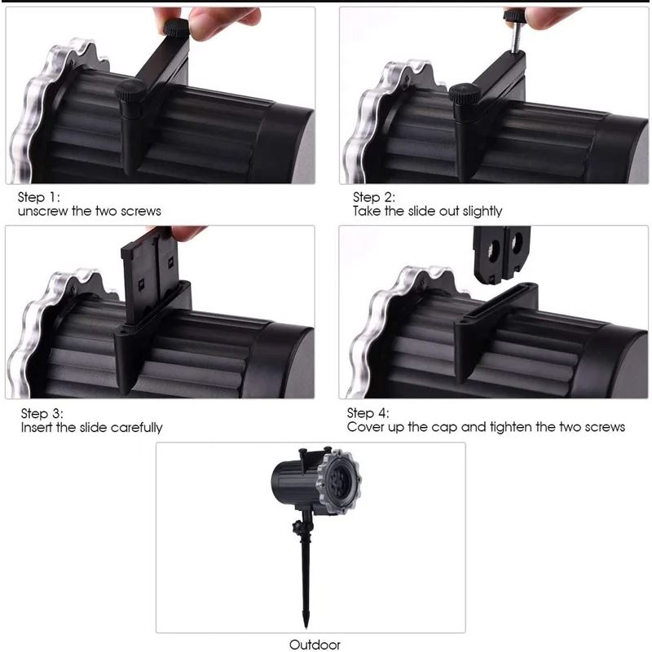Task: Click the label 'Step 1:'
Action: pyautogui.click(x=38, y=196)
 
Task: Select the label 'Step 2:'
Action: pyautogui.click(x=374, y=196)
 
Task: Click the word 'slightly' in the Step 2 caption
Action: pyautogui.click(x=482, y=211)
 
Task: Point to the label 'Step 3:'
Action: pyautogui.click(x=42, y=413)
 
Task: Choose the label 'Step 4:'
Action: pyautogui.click(x=368, y=413)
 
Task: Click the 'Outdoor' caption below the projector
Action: pyautogui.click(x=315, y=645)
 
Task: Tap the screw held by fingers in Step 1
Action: pyautogui.click(x=177, y=28)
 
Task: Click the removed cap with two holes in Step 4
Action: pyautogui.click(x=502, y=254)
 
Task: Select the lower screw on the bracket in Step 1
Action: pyautogui.click(x=130, y=90)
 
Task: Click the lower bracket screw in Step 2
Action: pyautogui.click(x=465, y=95)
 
